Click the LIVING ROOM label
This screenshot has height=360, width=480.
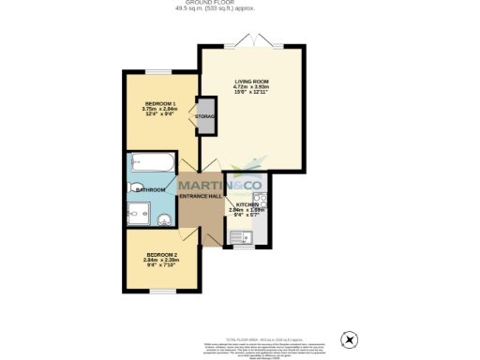point(252,82)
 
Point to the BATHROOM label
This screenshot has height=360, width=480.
point(150,189)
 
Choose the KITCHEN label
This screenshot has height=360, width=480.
point(247,203)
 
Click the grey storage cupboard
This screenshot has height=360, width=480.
point(204,116)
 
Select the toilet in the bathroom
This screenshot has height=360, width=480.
point(137,187)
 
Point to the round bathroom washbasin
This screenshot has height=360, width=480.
point(165,219)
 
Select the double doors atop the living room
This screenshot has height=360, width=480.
point(251,43)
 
